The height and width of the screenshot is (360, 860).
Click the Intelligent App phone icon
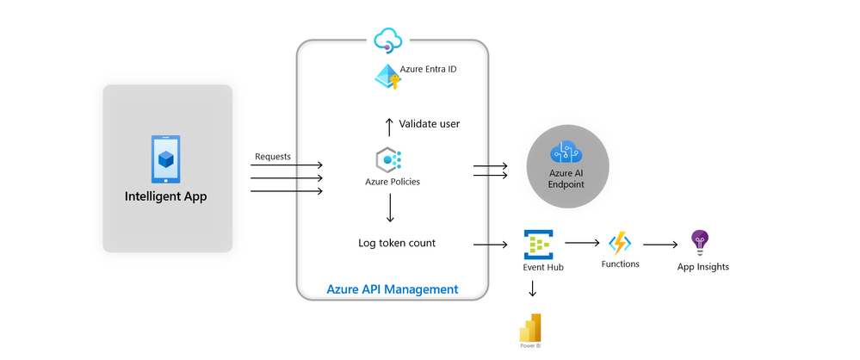point(167,159)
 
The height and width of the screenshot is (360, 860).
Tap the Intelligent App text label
point(167,196)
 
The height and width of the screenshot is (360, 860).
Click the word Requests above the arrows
point(273,157)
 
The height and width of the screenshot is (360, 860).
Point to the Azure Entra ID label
point(428,69)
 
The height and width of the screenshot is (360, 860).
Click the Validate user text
point(429,124)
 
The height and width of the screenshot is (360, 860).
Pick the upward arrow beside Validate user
point(389,124)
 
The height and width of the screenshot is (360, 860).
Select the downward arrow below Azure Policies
point(390,208)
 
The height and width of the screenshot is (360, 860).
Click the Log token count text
point(397,243)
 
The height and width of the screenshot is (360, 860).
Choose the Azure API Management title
point(392,289)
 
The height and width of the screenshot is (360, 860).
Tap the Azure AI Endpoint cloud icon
point(567,152)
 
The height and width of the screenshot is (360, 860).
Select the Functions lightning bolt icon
point(620,243)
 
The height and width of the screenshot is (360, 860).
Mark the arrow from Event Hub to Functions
point(582,245)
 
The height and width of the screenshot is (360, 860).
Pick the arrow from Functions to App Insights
point(659,245)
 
